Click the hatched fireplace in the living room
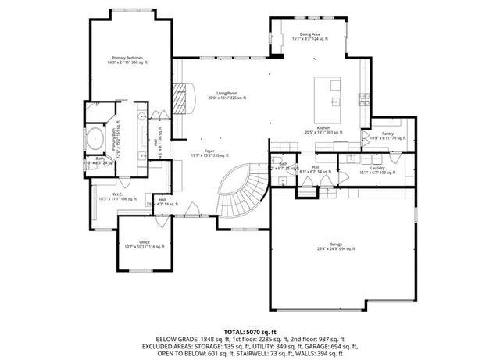click(x=181, y=99)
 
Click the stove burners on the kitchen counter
click(x=364, y=98)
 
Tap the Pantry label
click(x=385, y=134)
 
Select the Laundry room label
click(x=377, y=168)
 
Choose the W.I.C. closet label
click(x=117, y=195)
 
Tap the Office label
click(x=145, y=243)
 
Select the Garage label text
click(x=335, y=245)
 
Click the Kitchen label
click(x=324, y=128)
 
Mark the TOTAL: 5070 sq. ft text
click(x=250, y=331)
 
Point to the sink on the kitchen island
click(x=334, y=102)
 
